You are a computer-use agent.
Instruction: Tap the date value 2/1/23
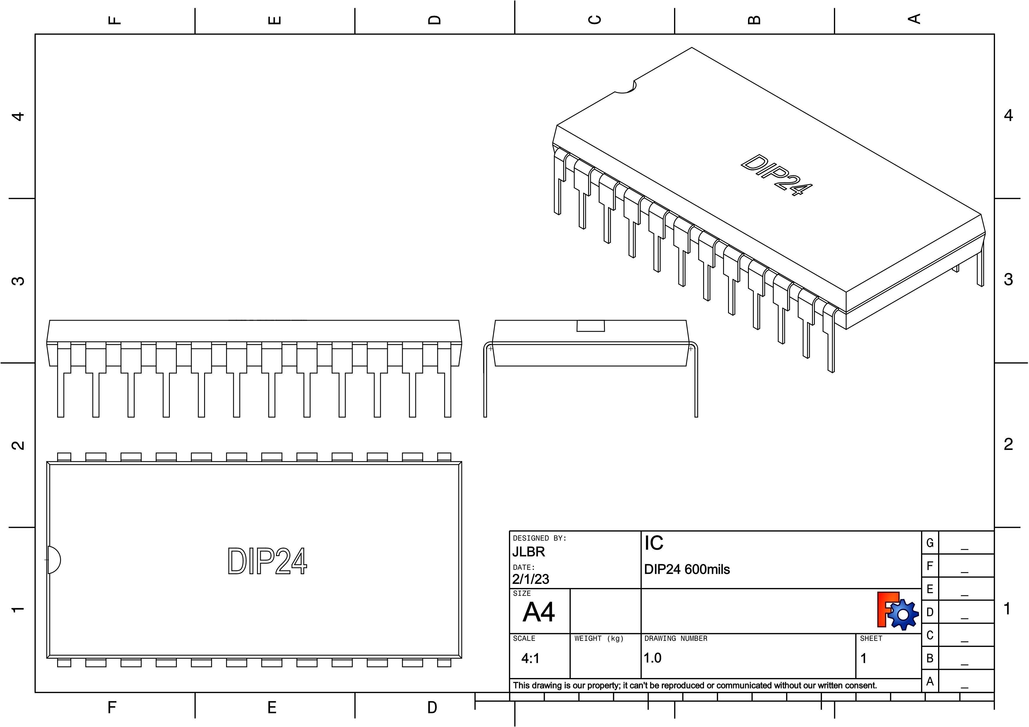pos(531,579)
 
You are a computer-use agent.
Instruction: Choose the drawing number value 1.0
pos(653,658)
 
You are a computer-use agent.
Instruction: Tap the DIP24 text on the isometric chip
pos(776,175)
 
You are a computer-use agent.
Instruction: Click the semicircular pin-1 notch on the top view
pos(54,560)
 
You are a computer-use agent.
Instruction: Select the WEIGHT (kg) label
pos(599,638)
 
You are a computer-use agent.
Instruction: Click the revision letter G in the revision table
pos(930,543)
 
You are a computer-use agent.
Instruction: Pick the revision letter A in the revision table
pos(930,681)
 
